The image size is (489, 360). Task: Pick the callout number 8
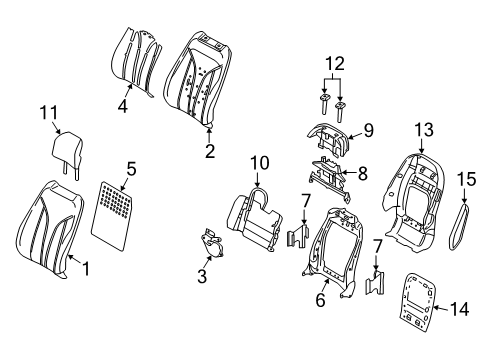pyautogui.click(x=362, y=173)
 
